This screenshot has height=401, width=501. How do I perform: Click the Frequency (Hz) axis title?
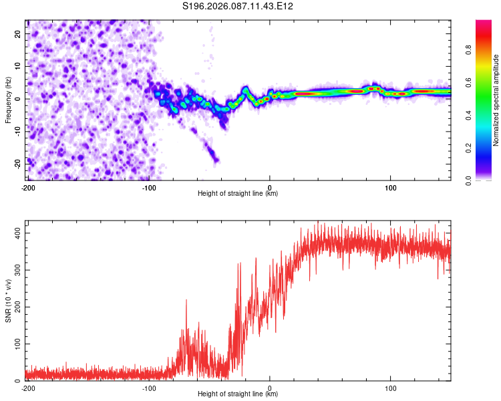8,100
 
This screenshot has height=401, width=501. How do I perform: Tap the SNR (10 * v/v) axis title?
8,301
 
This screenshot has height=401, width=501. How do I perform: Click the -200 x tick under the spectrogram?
27,186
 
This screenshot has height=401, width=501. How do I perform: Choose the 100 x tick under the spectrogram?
391,186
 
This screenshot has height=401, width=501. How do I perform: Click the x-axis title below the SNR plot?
238,394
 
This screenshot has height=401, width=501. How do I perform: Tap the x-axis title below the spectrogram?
238,194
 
